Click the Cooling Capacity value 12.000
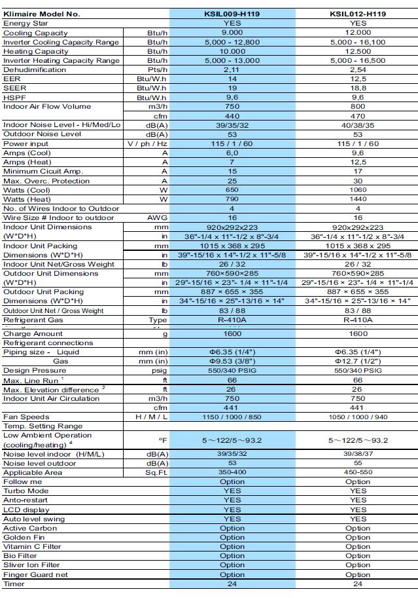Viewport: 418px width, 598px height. click(x=358, y=33)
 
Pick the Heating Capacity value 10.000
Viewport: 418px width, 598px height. click(x=232, y=51)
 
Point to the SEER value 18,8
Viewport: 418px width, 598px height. click(x=358, y=88)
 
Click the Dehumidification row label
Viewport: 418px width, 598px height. click(x=30, y=69)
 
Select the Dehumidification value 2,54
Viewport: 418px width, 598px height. click(x=358, y=69)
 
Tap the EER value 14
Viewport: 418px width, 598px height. click(x=232, y=79)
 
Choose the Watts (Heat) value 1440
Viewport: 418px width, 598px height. click(x=358, y=198)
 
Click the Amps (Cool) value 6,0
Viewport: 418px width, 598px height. click(x=232, y=153)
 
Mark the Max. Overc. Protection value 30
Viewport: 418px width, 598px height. click(x=358, y=181)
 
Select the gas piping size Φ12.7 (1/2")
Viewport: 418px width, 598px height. click(x=358, y=361)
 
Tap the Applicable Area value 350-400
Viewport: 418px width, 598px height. click(x=232, y=472)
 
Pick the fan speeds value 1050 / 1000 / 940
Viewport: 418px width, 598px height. click(x=358, y=417)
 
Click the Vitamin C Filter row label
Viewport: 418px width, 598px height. click(x=33, y=546)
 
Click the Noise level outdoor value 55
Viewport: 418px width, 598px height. click(x=358, y=463)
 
